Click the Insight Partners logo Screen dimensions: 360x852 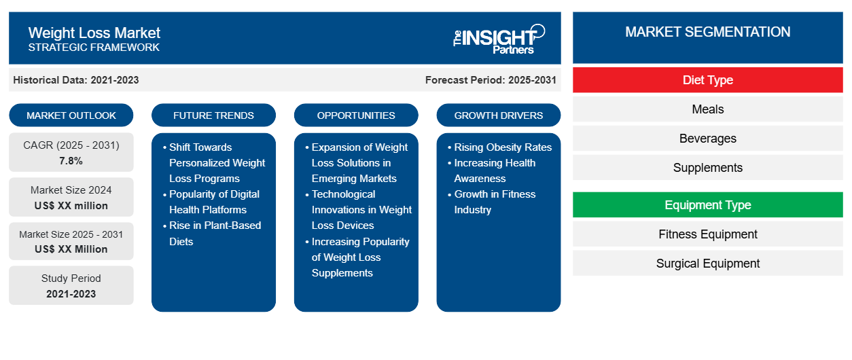[x=499, y=39]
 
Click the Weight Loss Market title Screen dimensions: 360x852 [x=94, y=33]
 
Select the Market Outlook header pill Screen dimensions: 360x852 [x=71, y=115]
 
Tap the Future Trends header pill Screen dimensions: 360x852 [x=213, y=115]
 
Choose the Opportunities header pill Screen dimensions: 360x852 [x=356, y=115]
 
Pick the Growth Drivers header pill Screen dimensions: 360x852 [x=499, y=115]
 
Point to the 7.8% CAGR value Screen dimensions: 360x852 [x=71, y=161]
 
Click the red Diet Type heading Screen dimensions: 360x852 [x=707, y=80]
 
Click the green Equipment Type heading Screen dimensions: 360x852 [x=707, y=205]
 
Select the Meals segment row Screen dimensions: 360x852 [x=707, y=109]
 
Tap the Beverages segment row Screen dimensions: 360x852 [x=707, y=139]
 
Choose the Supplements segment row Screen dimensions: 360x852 [x=707, y=168]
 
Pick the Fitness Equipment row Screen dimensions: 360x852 [x=707, y=234]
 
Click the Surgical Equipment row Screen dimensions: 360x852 [x=707, y=264]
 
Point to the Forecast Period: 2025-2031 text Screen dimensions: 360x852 [x=491, y=80]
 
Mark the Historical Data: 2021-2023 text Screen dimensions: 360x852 [x=76, y=80]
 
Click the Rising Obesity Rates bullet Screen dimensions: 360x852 [x=503, y=147]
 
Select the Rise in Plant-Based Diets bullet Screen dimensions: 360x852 [x=215, y=233]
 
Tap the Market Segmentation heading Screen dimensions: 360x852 [x=707, y=32]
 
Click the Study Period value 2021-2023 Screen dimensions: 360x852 [x=71, y=294]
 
